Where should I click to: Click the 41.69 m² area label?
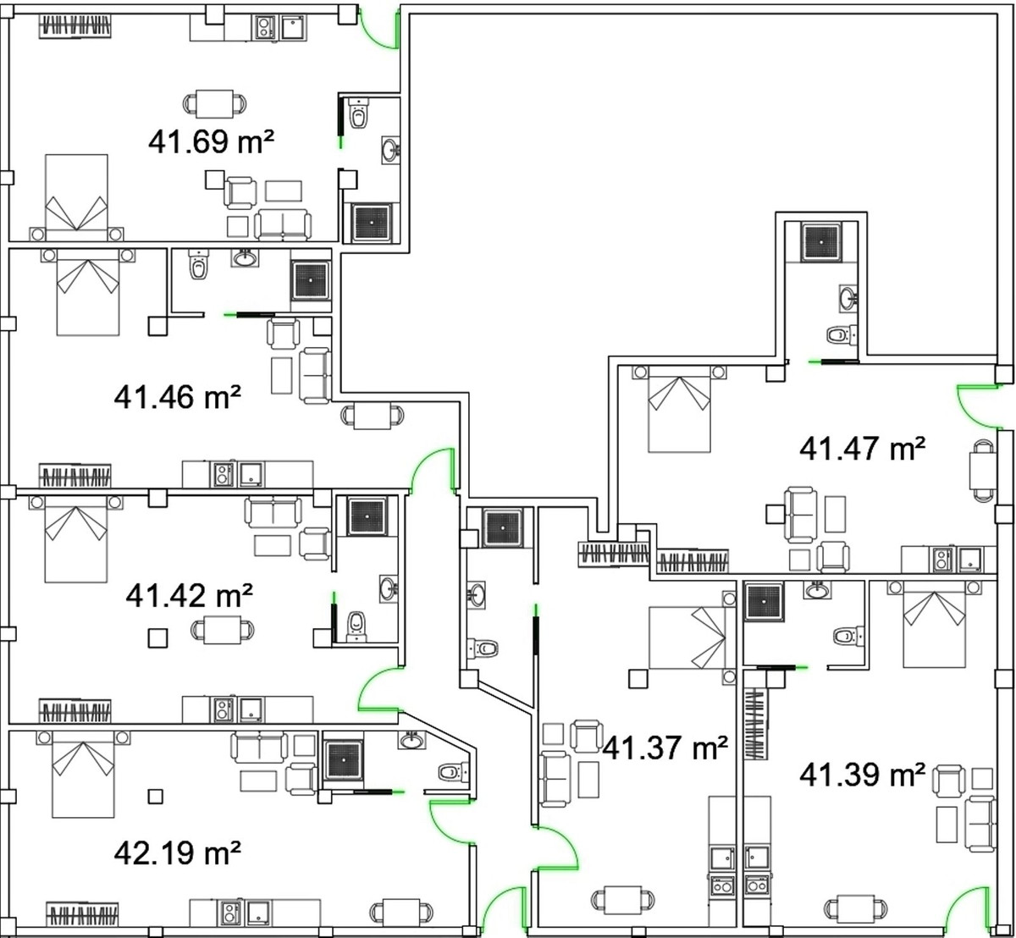211,141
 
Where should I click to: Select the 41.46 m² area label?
177,397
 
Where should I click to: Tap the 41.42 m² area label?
189,595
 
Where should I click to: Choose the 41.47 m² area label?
862,449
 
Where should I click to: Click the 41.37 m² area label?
665,748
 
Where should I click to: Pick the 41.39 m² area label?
862,775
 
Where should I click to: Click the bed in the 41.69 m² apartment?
77,197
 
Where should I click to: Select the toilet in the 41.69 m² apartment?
359,113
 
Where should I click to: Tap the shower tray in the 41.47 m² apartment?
821,242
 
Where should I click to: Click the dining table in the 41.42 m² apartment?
222,630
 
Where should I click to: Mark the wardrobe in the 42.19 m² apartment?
82,912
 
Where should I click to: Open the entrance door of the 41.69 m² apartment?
379,30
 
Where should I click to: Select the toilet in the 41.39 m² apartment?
849,637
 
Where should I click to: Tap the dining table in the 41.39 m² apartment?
856,909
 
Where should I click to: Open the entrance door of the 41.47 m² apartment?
978,406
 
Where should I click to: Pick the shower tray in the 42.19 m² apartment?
344,760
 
